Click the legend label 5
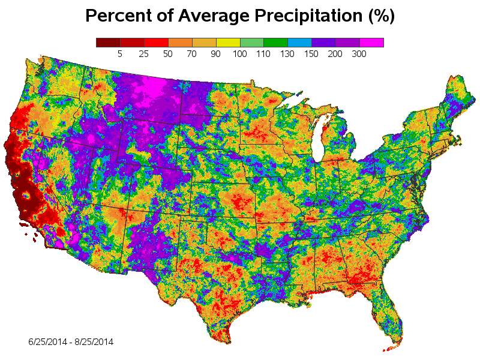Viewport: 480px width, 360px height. (x=120, y=55)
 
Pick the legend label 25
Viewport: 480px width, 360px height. (x=144, y=55)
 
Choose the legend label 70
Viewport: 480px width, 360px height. (x=192, y=55)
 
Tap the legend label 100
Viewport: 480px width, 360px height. (x=240, y=55)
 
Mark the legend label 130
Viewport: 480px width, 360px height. (x=288, y=55)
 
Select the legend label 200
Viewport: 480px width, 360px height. (x=335, y=55)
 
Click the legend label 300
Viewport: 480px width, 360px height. (x=359, y=55)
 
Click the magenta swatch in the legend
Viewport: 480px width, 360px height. (x=371, y=43)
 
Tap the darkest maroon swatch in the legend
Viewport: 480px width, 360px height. (x=108, y=43)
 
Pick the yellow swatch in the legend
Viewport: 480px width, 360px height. (x=228, y=43)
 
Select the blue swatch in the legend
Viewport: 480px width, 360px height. (x=300, y=43)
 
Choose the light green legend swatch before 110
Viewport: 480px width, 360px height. (x=252, y=43)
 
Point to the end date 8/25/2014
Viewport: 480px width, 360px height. (x=94, y=342)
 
